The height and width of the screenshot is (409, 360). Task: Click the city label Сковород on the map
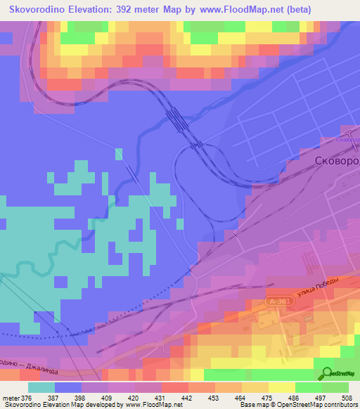[x=334, y=161]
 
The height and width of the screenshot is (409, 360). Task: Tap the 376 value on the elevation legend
[x=27, y=398]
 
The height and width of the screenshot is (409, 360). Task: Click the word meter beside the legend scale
[x=11, y=398]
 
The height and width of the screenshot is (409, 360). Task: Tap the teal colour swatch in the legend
[x=41, y=387]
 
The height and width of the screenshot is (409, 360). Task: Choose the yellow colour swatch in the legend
[x=281, y=387]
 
